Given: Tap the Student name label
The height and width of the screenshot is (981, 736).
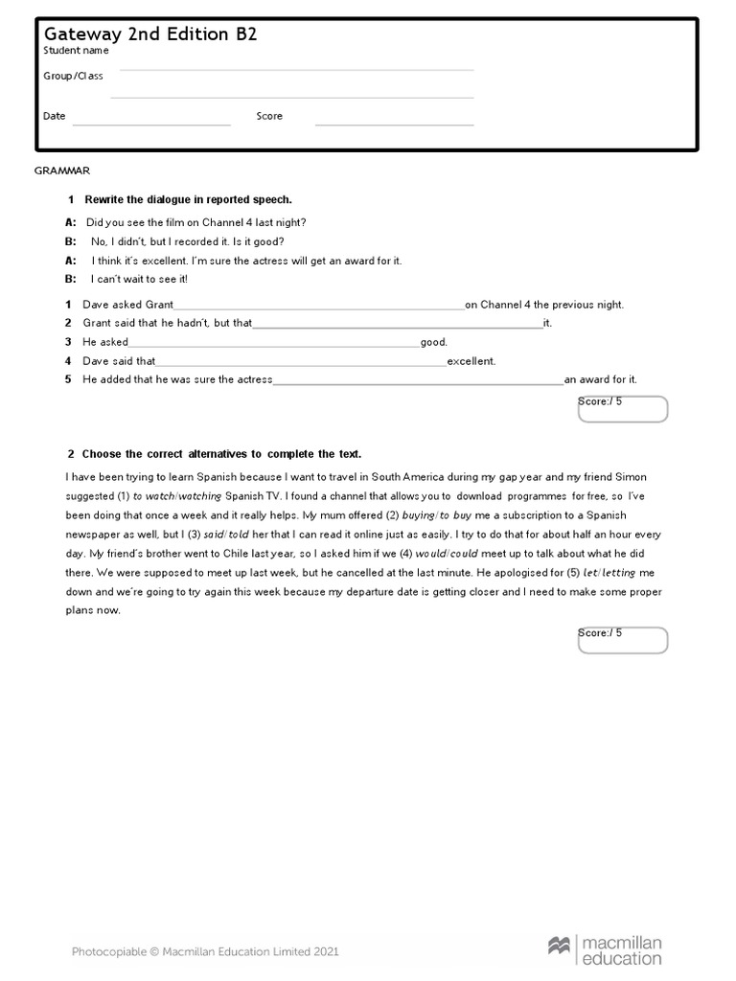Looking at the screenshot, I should coord(76,51).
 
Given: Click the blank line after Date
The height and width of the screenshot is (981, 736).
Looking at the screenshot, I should coord(151,124).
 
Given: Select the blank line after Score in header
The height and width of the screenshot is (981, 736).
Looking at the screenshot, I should coord(394,124).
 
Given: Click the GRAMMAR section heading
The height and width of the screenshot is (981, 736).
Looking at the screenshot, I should coord(62,171).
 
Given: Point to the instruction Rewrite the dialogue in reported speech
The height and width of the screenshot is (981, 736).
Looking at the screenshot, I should coord(188,199).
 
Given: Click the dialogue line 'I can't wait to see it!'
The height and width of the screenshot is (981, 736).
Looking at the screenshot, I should coord(139,279).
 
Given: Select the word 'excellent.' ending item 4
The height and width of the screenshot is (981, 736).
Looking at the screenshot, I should coord(471,361).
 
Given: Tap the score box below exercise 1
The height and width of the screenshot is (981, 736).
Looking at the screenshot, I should coord(623,409).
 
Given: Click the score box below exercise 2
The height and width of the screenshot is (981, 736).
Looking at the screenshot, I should coord(623,640).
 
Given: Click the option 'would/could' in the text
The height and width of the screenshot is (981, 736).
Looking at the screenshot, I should coord(447,554).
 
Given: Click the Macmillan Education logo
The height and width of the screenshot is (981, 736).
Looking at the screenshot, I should coord(606,951).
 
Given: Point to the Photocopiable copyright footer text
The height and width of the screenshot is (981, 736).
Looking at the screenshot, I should coord(205,951).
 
